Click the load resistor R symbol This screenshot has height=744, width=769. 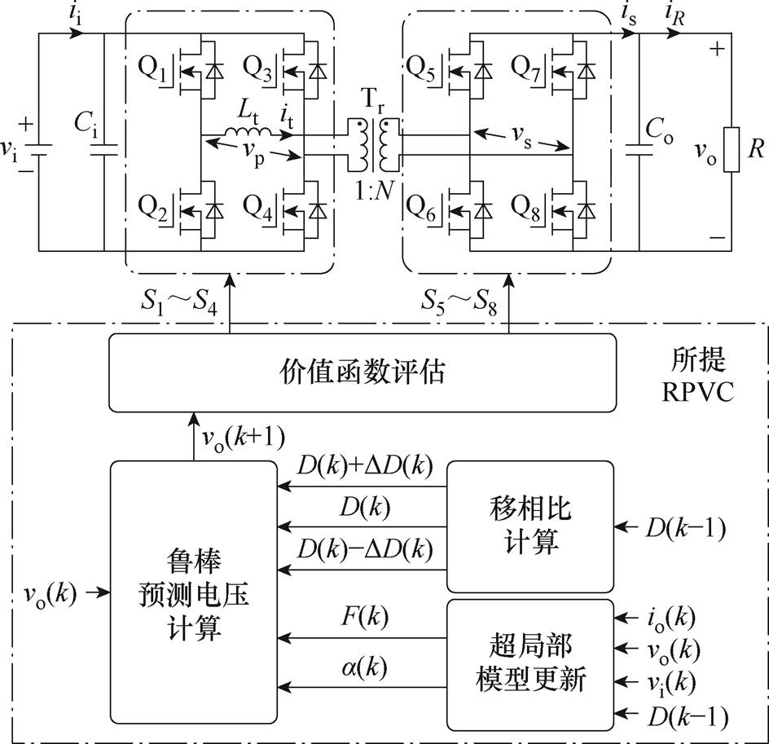click(x=731, y=150)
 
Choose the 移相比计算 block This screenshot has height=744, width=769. click(x=530, y=526)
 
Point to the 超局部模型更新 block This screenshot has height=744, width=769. click(x=530, y=661)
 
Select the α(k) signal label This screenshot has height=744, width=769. click(x=361, y=671)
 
